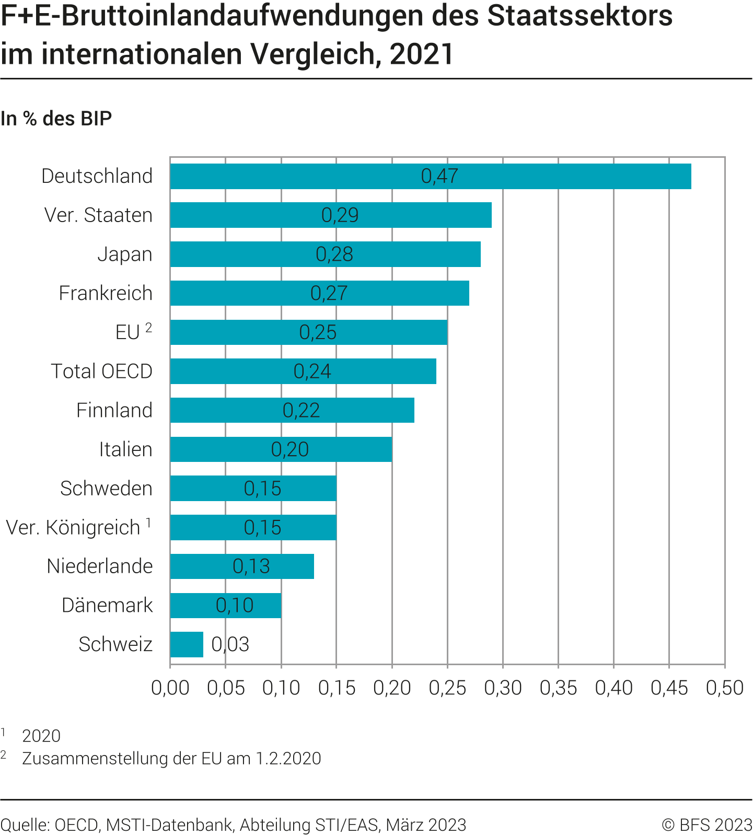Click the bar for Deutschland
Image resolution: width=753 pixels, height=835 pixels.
click(430, 176)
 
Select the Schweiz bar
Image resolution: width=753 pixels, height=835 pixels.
click(187, 644)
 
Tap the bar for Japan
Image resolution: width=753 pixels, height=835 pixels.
click(325, 254)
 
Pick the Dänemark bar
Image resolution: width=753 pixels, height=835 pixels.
click(225, 606)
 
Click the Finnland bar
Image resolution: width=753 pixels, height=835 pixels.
click(292, 410)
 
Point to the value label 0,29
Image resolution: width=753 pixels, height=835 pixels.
click(340, 215)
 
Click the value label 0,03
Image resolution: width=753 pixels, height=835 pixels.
click(230, 644)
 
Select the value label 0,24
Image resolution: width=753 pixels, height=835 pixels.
click(312, 372)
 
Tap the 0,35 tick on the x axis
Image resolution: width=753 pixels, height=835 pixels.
click(558, 688)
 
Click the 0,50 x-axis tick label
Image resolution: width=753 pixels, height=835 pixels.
click(724, 688)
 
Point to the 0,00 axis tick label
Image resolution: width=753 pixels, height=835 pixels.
click(170, 688)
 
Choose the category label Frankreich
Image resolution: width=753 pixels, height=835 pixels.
click(106, 293)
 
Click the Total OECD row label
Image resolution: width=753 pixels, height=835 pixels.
click(101, 372)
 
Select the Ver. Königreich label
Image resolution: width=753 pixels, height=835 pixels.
click(73, 528)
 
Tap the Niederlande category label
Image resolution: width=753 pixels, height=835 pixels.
click(99, 566)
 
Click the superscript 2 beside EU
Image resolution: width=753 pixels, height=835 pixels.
click(149, 328)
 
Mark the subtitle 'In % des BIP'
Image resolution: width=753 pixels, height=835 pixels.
click(56, 119)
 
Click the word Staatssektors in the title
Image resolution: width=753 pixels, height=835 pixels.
click(580, 16)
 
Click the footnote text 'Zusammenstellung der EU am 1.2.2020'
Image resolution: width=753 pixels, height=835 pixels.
click(171, 758)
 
